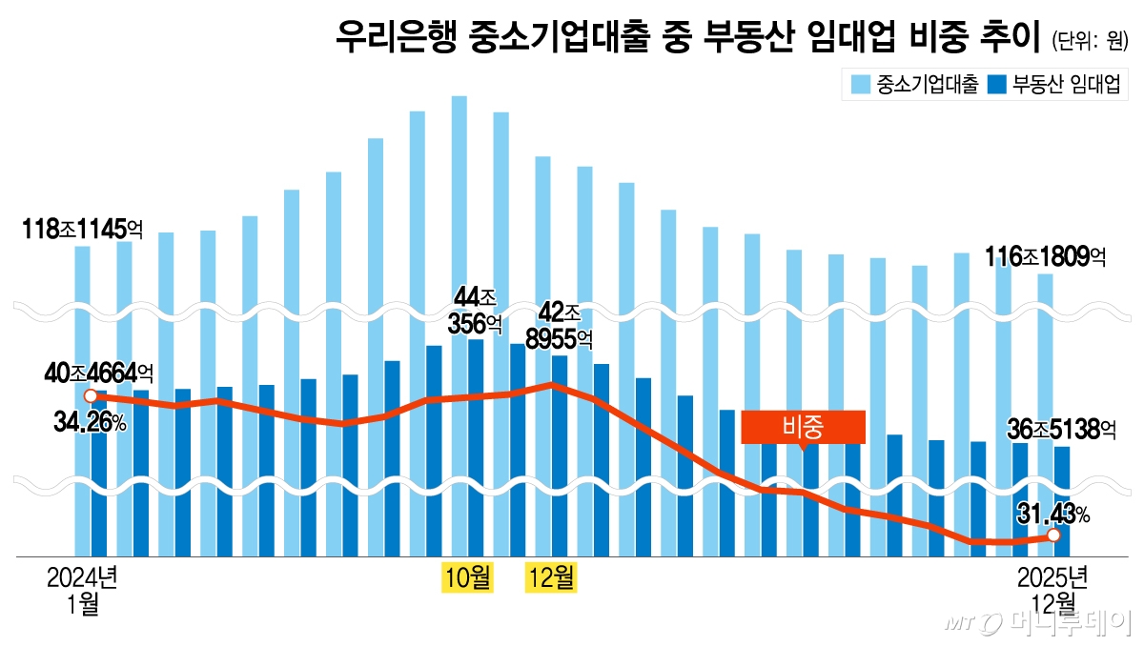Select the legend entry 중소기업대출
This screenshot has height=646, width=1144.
915,85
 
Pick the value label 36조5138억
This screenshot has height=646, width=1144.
1061,430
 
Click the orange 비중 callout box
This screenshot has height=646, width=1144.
803,427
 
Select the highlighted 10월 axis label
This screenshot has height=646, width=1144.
467,577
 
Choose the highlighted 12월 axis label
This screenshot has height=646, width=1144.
552,577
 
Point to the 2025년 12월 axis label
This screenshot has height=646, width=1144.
1052,590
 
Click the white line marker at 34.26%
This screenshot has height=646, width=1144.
90,395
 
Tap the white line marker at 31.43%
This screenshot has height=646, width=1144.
1053,536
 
